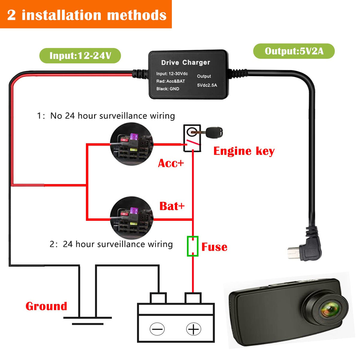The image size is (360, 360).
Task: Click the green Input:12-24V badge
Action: pyautogui.click(x=80, y=56)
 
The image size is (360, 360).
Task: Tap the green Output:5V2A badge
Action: pyautogui.click(x=294, y=51)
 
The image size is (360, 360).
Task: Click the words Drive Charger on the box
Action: pyautogui.click(x=185, y=62)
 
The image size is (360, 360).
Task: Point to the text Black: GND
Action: pyautogui.click(x=168, y=89)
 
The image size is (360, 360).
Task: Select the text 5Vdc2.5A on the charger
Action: pyautogui.click(x=207, y=85)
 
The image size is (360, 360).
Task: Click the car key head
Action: pyautogui.click(x=214, y=132)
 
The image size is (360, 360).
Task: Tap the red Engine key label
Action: pyautogui.click(x=244, y=151)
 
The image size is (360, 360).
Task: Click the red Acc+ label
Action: pyautogui.click(x=171, y=163)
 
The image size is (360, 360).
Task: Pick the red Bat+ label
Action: pyautogui.click(x=172, y=206)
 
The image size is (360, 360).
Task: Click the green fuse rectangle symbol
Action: pyautogui.click(x=193, y=246)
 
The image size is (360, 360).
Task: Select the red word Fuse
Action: pyautogui.click(x=214, y=247)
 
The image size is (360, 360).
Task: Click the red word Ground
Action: pyautogui.click(x=46, y=306)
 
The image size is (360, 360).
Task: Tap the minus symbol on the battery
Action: pyautogui.click(x=157, y=329)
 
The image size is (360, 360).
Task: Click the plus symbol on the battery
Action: pyautogui.click(x=193, y=329)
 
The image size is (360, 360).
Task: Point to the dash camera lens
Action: pyautogui.click(x=330, y=309)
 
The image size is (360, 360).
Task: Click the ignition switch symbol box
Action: pyautogui.click(x=192, y=138)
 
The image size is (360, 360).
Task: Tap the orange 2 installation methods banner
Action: pyautogui.click(x=86, y=14)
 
